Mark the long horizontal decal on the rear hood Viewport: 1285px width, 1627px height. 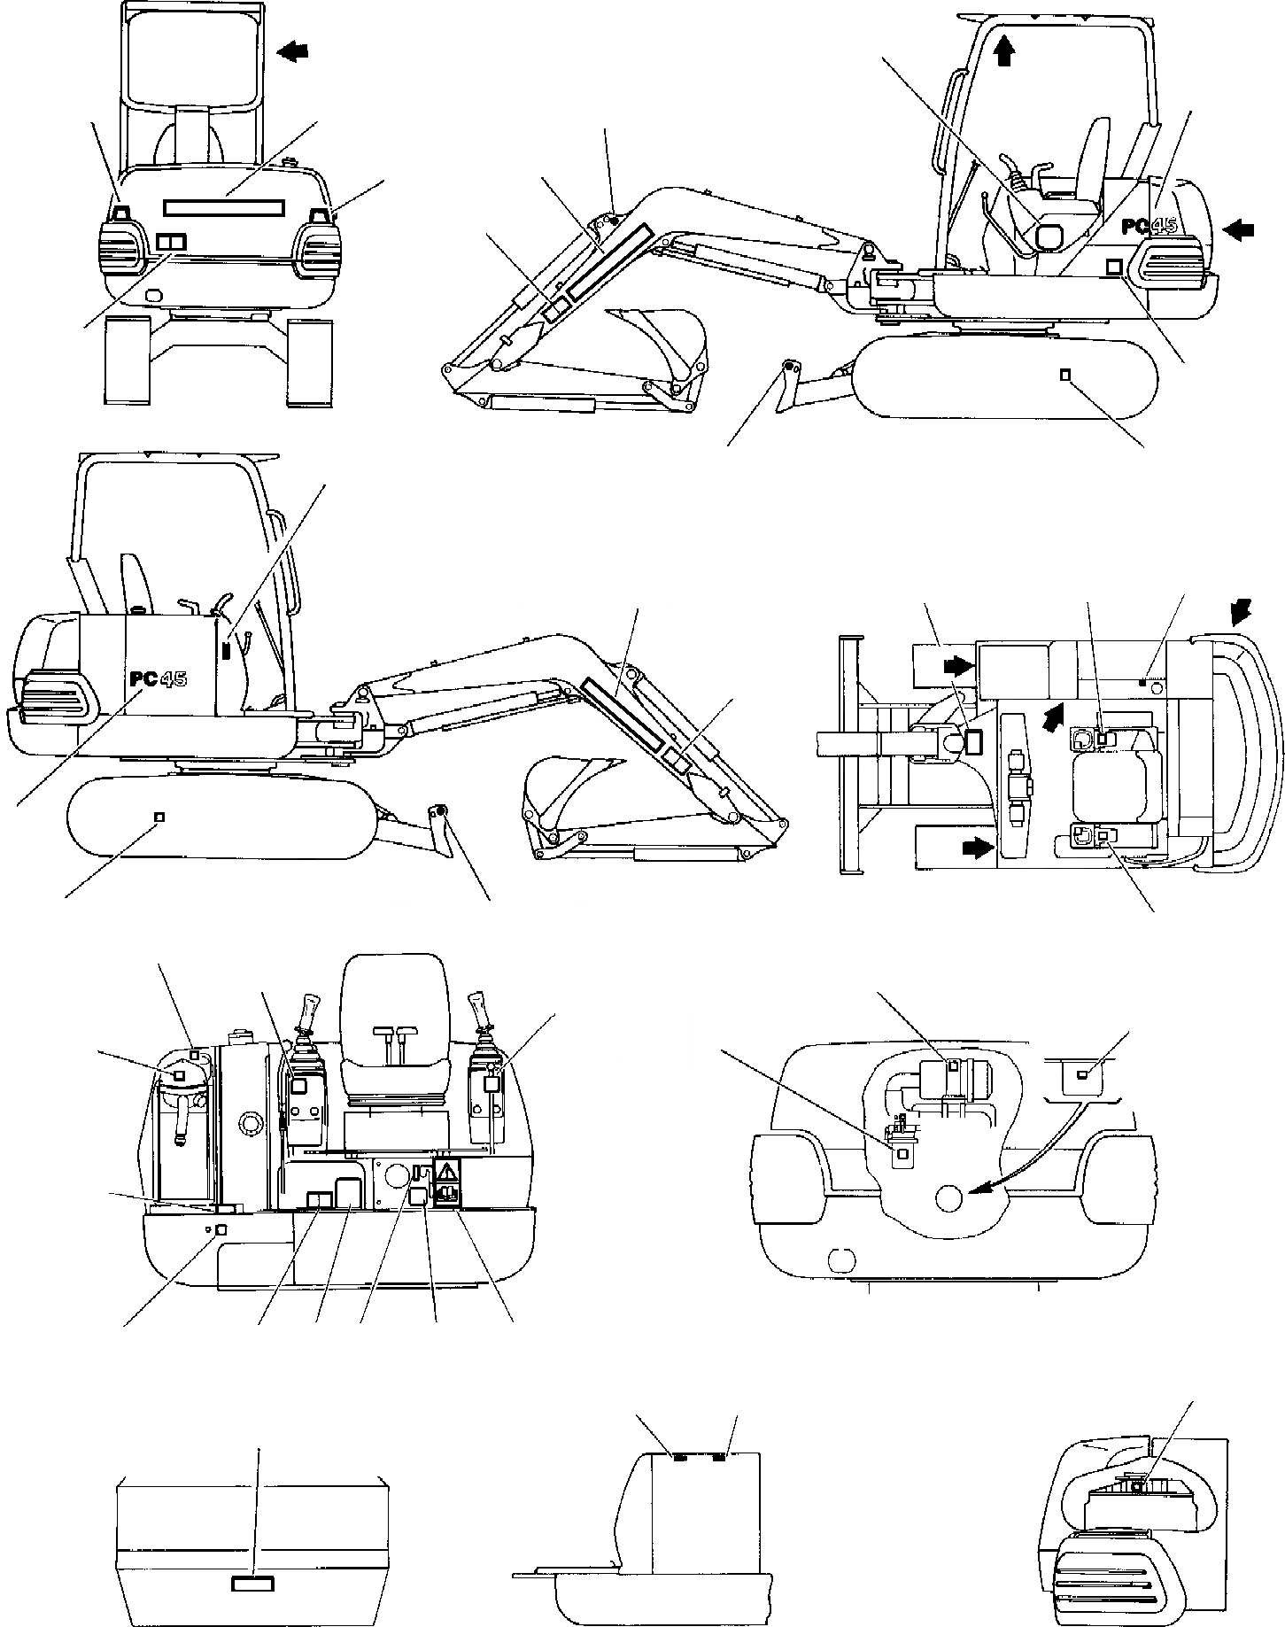point(223,206)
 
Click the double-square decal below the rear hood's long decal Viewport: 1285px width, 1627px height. point(171,242)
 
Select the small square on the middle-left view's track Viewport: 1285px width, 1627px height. point(159,816)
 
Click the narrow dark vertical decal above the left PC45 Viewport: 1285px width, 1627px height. point(225,649)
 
